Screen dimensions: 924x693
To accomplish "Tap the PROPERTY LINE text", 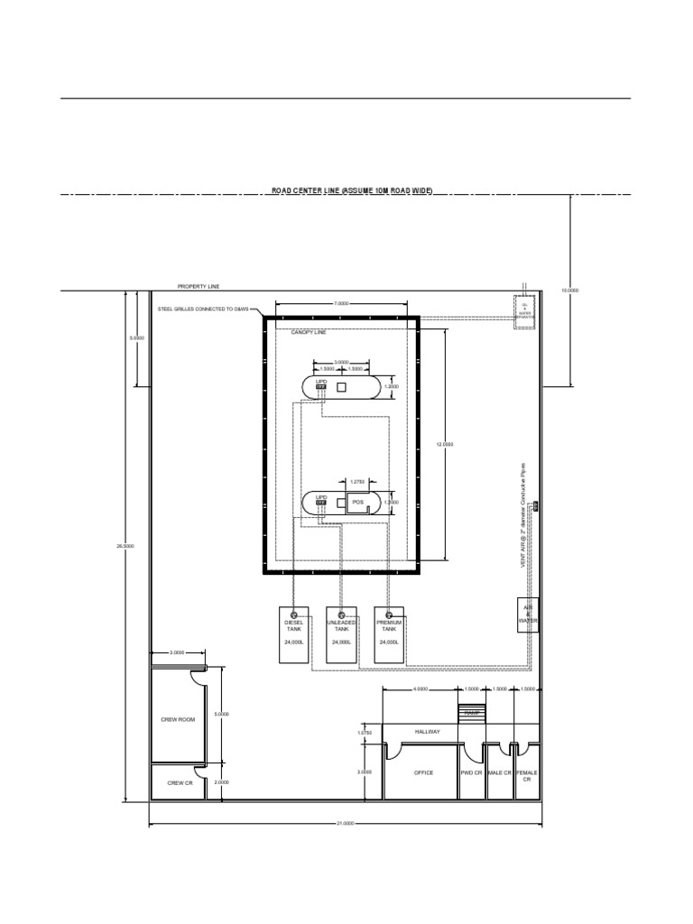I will pyautogui.click(x=199, y=286).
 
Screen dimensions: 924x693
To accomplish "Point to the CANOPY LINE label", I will pyautogui.click(x=309, y=332).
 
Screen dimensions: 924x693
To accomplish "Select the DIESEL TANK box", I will pyautogui.click(x=294, y=635).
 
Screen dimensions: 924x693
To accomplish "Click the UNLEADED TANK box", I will pyautogui.click(x=341, y=635).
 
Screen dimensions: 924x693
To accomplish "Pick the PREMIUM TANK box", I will pyautogui.click(x=389, y=635).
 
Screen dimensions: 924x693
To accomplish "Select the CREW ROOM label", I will pyautogui.click(x=178, y=719).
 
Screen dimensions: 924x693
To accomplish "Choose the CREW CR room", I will pyautogui.click(x=177, y=782).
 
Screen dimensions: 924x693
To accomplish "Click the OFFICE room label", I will pyautogui.click(x=423, y=772).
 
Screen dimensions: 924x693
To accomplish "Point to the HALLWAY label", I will pyautogui.click(x=428, y=732).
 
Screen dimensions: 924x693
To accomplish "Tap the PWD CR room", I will pyautogui.click(x=471, y=772).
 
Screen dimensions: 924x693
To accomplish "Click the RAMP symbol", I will pyautogui.click(x=471, y=713).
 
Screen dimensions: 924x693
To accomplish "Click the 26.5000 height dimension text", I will pyautogui.click(x=125, y=546).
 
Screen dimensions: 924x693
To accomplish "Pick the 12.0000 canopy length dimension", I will pyautogui.click(x=445, y=444).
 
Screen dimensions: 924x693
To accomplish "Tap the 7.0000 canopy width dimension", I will pyautogui.click(x=341, y=304).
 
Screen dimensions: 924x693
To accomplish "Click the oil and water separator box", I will pyautogui.click(x=524, y=311).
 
